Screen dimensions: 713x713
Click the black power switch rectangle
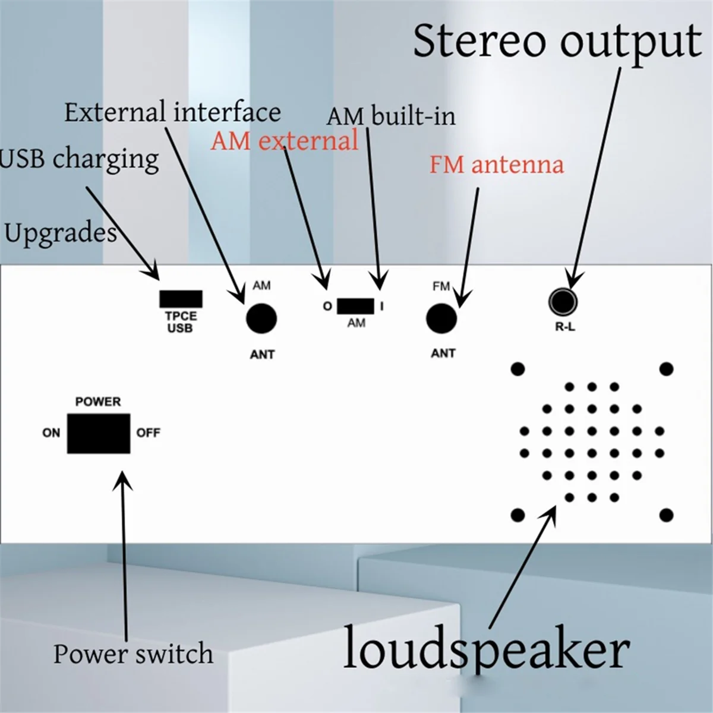coord(98,434)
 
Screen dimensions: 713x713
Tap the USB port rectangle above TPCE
coord(181,299)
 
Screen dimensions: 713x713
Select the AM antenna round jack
coord(261,319)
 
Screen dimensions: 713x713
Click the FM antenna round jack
coord(441,318)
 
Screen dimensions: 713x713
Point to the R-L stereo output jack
coord(562,301)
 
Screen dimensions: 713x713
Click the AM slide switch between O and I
coord(355,307)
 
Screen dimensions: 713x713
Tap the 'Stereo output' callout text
coord(557,42)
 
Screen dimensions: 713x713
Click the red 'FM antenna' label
coord(496,165)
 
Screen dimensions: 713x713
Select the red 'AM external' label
coord(285,141)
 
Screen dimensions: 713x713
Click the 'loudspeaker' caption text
coord(486,651)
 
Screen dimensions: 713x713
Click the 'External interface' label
coord(172,112)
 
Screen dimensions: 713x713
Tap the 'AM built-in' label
coord(391,116)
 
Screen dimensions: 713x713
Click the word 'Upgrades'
coord(60,233)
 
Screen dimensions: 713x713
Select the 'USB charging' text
coord(80,159)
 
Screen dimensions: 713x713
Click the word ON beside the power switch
coord(51,433)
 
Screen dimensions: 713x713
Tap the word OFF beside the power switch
coord(148,433)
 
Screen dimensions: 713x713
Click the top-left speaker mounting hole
coord(518,369)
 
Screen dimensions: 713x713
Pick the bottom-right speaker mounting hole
coord(666,515)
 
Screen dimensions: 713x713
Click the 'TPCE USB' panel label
coord(180,322)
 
